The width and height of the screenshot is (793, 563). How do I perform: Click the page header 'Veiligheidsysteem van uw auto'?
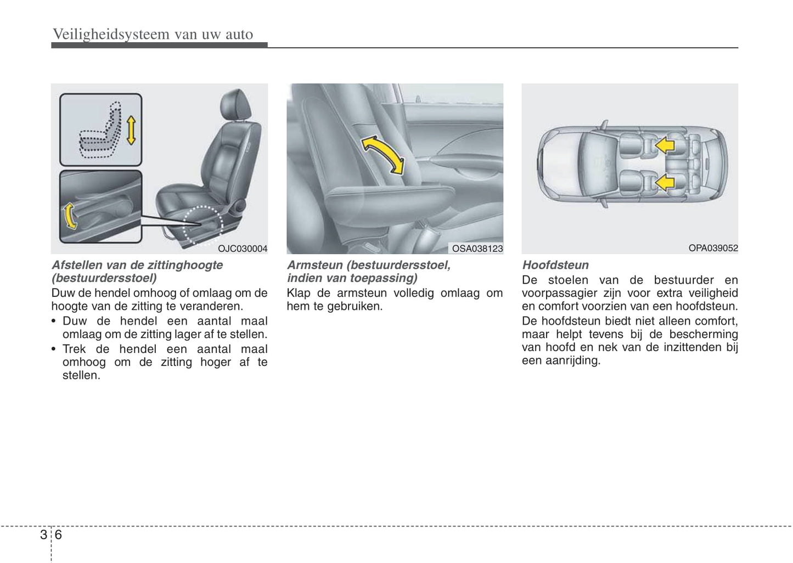click(153, 35)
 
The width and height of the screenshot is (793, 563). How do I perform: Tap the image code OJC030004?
click(243, 249)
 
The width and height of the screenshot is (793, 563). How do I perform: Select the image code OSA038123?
click(477, 249)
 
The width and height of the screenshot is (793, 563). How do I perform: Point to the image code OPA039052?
click(713, 248)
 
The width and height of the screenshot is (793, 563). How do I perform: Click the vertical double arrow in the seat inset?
click(131, 130)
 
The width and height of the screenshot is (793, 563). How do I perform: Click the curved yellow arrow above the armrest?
click(383, 154)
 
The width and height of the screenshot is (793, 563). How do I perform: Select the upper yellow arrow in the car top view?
click(665, 144)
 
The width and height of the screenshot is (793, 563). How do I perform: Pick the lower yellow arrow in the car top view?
click(665, 182)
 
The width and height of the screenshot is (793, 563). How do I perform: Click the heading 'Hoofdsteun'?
click(555, 265)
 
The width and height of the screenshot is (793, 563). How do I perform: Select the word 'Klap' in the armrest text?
click(298, 293)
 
